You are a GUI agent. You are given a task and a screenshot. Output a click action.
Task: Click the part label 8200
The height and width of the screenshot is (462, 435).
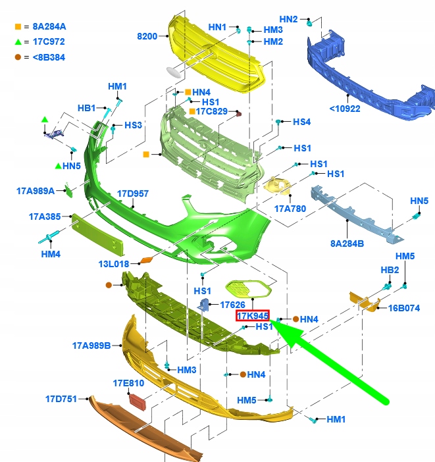tap(147, 36)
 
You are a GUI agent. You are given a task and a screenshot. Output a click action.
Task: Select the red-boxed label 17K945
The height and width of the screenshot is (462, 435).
tap(253, 316)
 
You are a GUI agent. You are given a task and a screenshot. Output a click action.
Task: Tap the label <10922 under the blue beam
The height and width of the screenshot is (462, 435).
tap(345, 109)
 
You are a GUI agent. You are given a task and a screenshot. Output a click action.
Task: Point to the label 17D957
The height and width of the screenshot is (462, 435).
tap(133, 193)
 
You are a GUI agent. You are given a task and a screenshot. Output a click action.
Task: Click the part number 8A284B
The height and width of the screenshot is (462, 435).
tap(347, 244)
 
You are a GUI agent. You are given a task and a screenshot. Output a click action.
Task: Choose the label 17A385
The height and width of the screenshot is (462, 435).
tap(45, 217)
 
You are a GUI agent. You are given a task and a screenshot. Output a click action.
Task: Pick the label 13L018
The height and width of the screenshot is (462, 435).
tap(114, 264)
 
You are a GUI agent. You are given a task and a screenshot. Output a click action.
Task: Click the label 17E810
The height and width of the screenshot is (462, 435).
tap(128, 383)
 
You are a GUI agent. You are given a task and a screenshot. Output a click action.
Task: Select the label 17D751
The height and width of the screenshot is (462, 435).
tap(61, 399)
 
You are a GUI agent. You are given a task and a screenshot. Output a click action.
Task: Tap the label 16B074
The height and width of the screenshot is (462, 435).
tap(404, 308)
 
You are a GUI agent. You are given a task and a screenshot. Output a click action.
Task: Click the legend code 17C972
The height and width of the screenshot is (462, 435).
tap(49, 41)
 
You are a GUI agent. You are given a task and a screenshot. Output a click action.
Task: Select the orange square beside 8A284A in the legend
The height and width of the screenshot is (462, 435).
tap(18, 27)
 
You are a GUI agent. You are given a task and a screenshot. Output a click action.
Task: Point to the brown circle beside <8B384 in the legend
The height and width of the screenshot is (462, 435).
tap(18, 57)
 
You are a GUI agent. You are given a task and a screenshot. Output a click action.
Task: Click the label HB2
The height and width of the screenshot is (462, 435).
tap(390, 270)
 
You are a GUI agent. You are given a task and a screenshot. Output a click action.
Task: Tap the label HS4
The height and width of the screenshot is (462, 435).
tap(302, 122)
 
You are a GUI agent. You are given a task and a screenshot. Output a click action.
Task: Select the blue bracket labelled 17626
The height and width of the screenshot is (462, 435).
tap(204, 304)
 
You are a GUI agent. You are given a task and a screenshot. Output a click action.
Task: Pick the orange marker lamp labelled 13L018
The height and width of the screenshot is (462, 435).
tap(147, 260)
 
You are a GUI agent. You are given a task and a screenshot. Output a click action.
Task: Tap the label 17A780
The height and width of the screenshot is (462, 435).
tap(290, 209)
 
